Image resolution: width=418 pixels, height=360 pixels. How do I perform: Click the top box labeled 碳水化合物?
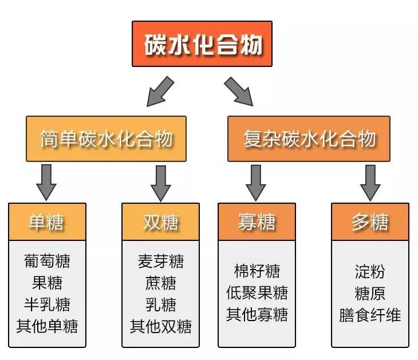(x=202, y=44)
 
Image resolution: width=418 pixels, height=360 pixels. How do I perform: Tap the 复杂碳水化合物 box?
(x=309, y=139)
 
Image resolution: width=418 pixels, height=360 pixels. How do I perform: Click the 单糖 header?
(x=47, y=221)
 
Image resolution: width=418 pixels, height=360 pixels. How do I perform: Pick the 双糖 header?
(x=160, y=221)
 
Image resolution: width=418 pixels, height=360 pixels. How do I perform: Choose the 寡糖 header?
(x=257, y=221)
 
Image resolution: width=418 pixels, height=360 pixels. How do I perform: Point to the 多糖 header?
(x=370, y=221)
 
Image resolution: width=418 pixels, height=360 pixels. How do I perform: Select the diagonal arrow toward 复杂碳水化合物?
(x=238, y=91)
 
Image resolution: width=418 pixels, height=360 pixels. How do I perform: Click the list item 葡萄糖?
(x=47, y=261)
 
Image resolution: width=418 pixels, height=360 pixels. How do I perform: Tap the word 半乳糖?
(x=47, y=304)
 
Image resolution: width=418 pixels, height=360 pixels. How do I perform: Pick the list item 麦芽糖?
(x=160, y=261)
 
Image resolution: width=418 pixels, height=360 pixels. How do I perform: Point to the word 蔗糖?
(x=160, y=283)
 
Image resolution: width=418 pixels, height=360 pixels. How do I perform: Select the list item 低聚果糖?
(x=257, y=292)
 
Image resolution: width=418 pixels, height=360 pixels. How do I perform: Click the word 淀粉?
(x=370, y=271)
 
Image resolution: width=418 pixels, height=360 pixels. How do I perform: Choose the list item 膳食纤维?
(x=370, y=315)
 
